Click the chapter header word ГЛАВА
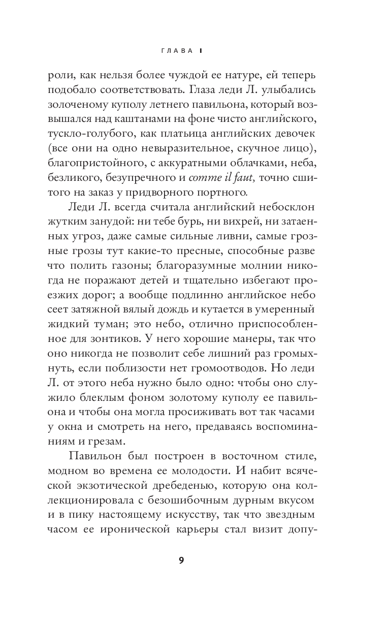pyautogui.click(x=176, y=51)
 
